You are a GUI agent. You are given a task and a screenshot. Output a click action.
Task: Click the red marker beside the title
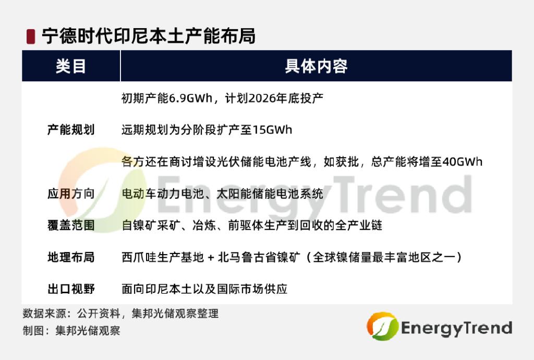click(31, 37)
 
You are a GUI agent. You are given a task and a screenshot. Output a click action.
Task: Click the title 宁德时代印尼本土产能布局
click(149, 36)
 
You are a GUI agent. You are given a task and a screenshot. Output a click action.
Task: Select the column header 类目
click(71, 66)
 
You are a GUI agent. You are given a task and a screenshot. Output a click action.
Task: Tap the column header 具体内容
click(316, 66)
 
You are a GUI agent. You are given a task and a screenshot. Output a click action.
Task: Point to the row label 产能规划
click(71, 130)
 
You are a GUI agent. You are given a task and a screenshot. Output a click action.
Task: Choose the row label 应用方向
click(71, 194)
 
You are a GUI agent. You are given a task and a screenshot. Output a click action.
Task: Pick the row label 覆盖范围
click(71, 225)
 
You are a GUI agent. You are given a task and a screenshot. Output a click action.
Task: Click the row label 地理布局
click(71, 257)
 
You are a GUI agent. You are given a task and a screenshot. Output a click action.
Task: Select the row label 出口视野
click(71, 289)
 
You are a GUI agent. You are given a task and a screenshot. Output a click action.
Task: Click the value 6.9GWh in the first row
click(191, 98)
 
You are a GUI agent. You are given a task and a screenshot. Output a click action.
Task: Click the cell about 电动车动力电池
click(222, 194)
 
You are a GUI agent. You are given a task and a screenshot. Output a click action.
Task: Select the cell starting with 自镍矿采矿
click(252, 225)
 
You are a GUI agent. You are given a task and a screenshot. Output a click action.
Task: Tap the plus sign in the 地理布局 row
click(211, 258)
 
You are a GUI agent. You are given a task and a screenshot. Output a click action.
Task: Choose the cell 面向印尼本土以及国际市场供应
click(204, 289)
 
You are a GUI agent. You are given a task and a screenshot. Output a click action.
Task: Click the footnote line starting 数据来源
click(120, 314)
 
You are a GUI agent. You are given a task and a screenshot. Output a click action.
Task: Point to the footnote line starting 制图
click(71, 330)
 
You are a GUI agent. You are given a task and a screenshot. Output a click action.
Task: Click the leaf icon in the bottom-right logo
click(382, 326)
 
